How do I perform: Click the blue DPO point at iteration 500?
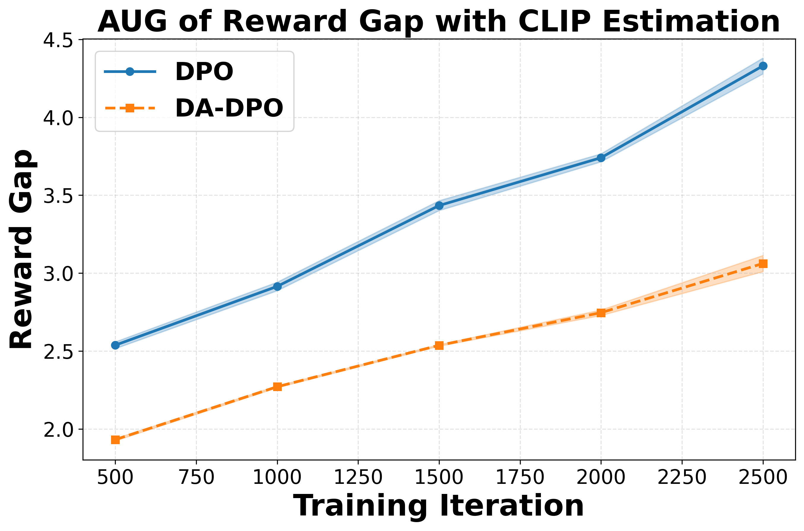[x=115, y=345]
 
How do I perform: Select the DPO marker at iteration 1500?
[x=439, y=205]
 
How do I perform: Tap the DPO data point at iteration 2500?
[x=763, y=66]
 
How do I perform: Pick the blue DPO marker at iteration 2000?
[x=601, y=158]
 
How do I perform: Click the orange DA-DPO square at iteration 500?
[x=115, y=440]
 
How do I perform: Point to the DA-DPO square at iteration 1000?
[x=277, y=386]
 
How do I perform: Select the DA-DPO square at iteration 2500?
[x=763, y=264]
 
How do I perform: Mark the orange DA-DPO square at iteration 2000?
[x=601, y=312]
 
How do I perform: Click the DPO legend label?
[x=204, y=72]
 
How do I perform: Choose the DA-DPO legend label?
[x=229, y=109]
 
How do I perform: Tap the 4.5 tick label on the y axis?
[x=58, y=40]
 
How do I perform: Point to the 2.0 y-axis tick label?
[x=58, y=429]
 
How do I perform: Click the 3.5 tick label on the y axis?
[x=58, y=196]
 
